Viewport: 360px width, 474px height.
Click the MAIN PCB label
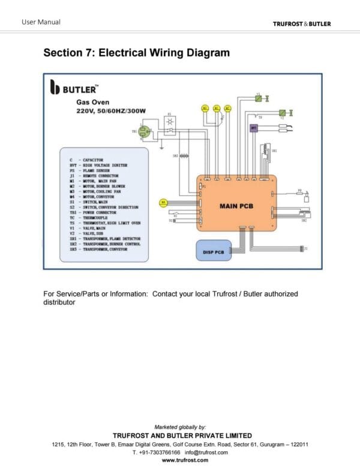[x=236, y=206]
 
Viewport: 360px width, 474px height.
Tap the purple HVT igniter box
[x=253, y=127]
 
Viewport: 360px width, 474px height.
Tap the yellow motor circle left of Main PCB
[x=163, y=203]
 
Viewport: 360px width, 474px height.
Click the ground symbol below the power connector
[x=161, y=146]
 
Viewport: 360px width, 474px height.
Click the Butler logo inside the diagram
[x=73, y=89]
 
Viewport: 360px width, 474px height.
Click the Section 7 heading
[x=136, y=53]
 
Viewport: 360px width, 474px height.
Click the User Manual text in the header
[x=41, y=22]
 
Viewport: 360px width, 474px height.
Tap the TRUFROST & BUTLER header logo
[x=301, y=24]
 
